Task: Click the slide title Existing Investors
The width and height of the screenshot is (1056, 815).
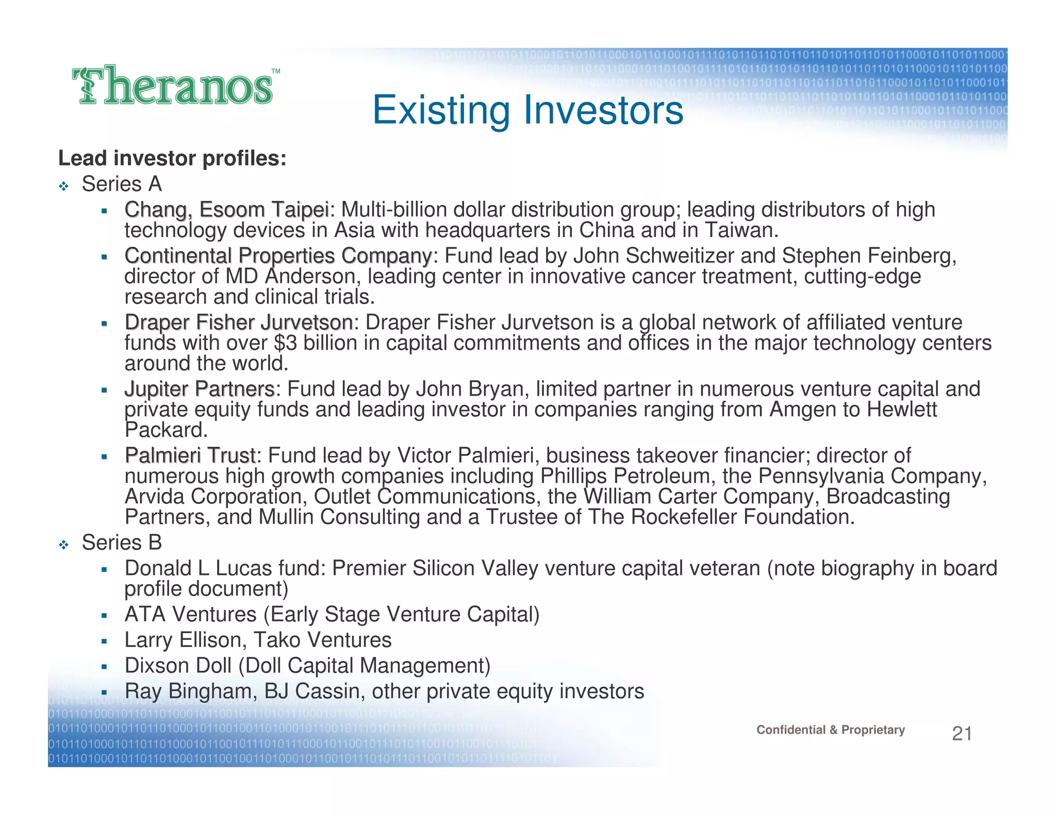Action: click(x=527, y=110)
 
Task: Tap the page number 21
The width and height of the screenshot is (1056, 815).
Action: click(x=962, y=733)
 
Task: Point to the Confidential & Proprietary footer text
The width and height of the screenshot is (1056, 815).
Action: click(x=830, y=729)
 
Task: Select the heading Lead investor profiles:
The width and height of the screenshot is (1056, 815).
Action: click(x=172, y=158)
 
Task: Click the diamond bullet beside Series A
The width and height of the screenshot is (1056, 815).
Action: click(x=63, y=186)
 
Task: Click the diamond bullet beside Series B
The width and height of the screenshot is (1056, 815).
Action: click(x=63, y=545)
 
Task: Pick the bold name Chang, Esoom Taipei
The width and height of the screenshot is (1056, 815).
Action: click(x=226, y=210)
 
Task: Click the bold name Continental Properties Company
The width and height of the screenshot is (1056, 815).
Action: click(x=278, y=256)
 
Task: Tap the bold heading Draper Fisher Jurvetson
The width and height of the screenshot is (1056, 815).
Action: click(x=238, y=322)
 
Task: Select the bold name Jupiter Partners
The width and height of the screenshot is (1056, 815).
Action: click(x=200, y=389)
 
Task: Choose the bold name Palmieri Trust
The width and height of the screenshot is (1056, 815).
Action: click(x=190, y=455)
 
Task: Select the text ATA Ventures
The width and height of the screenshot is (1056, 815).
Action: click(x=190, y=615)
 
